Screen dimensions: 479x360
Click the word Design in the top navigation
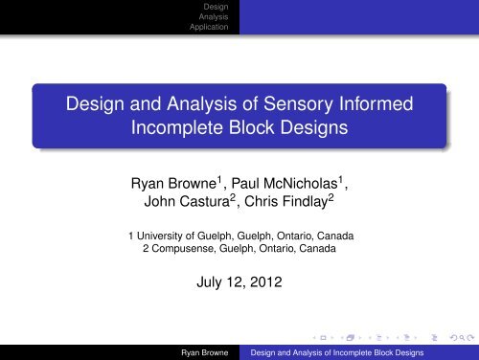[x=216, y=7]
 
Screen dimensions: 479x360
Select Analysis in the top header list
[x=214, y=16]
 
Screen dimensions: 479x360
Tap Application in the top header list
[x=209, y=27]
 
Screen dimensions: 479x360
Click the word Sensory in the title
[x=298, y=104]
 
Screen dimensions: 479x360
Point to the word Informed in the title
[x=376, y=103]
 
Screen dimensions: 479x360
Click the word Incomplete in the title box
[x=177, y=127]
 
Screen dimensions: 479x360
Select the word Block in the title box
[x=252, y=127]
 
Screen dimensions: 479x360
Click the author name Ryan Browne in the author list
[x=173, y=184]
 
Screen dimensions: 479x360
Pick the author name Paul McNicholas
[x=285, y=183]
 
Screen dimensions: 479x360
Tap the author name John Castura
[x=187, y=201]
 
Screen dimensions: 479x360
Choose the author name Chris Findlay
[x=286, y=202]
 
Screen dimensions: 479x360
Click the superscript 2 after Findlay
[x=331, y=198]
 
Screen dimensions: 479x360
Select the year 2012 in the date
[x=266, y=282]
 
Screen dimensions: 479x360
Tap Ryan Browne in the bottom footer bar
[x=205, y=352]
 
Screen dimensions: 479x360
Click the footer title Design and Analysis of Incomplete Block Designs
[x=337, y=352]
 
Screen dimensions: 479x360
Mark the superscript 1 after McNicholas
[x=340, y=180]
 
